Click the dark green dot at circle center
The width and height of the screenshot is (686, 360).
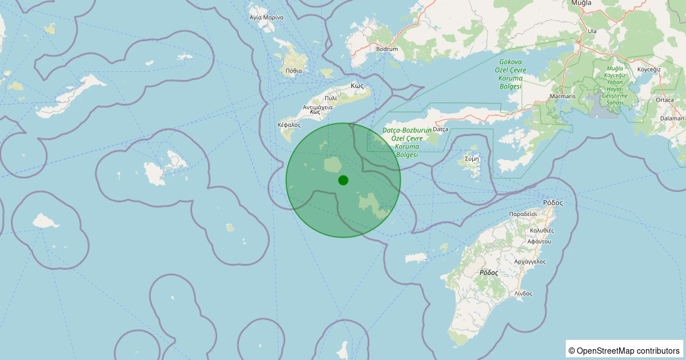point(343,180)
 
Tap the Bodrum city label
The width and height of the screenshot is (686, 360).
point(387,49)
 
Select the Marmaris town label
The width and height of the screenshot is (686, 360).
point(562,96)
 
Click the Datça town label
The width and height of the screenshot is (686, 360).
point(440,130)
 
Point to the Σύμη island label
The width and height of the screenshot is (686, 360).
point(472,158)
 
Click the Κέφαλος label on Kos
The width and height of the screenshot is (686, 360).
point(289,125)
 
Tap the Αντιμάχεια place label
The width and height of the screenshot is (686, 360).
point(318,107)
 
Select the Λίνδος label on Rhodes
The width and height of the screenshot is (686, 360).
point(523,294)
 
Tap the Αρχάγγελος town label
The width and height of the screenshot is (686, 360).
point(530,262)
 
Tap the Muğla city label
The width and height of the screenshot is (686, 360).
point(581,3)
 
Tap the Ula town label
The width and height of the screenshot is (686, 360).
point(592,31)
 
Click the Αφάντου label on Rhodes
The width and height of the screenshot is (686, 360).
point(539,242)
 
